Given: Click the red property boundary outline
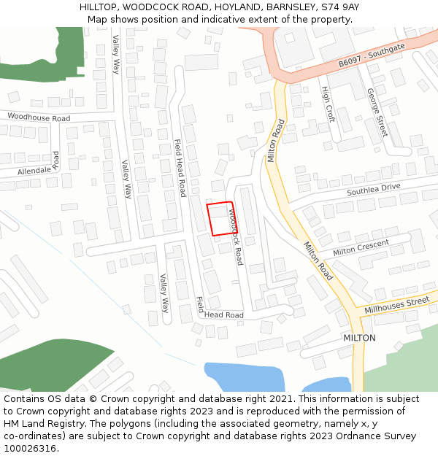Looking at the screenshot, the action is pos(222,219).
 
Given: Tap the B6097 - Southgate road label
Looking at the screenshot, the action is pos(371,56).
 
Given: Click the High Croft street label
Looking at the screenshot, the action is pos(328,104).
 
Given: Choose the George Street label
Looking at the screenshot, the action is pos(377,112).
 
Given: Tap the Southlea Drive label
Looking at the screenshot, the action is pos(374,189).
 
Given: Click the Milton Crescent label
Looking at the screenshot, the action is pos(361,247).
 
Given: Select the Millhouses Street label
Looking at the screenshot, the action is pos(397,306).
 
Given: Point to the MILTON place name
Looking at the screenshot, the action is pos(359,338).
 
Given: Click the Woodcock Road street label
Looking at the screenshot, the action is pos(235,237).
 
